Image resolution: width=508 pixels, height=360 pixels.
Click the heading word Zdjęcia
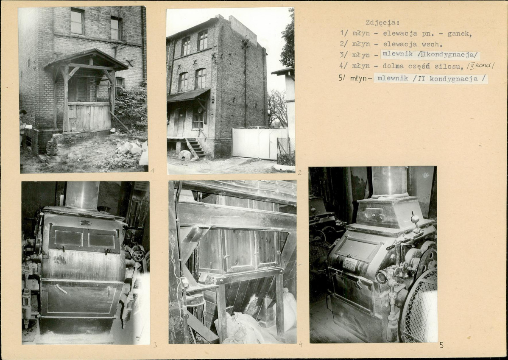tap(382, 22)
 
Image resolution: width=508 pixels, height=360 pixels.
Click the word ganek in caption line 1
tap(459, 33)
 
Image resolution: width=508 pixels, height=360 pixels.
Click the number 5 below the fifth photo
tap(441, 346)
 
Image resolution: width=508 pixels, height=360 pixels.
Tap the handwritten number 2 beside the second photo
tap(300, 173)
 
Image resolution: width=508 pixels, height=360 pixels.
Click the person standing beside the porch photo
tap(22, 130)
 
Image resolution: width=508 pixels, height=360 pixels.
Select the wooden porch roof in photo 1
tap(86, 60)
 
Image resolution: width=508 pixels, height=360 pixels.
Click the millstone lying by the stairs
tap(185, 155)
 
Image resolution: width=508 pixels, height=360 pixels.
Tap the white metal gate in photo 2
tap(260, 143)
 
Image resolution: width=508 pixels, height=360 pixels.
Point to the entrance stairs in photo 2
tap(195, 148)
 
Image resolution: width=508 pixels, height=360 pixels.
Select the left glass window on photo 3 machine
tap(68, 238)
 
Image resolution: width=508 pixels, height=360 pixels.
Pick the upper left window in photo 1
tap(78, 21)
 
